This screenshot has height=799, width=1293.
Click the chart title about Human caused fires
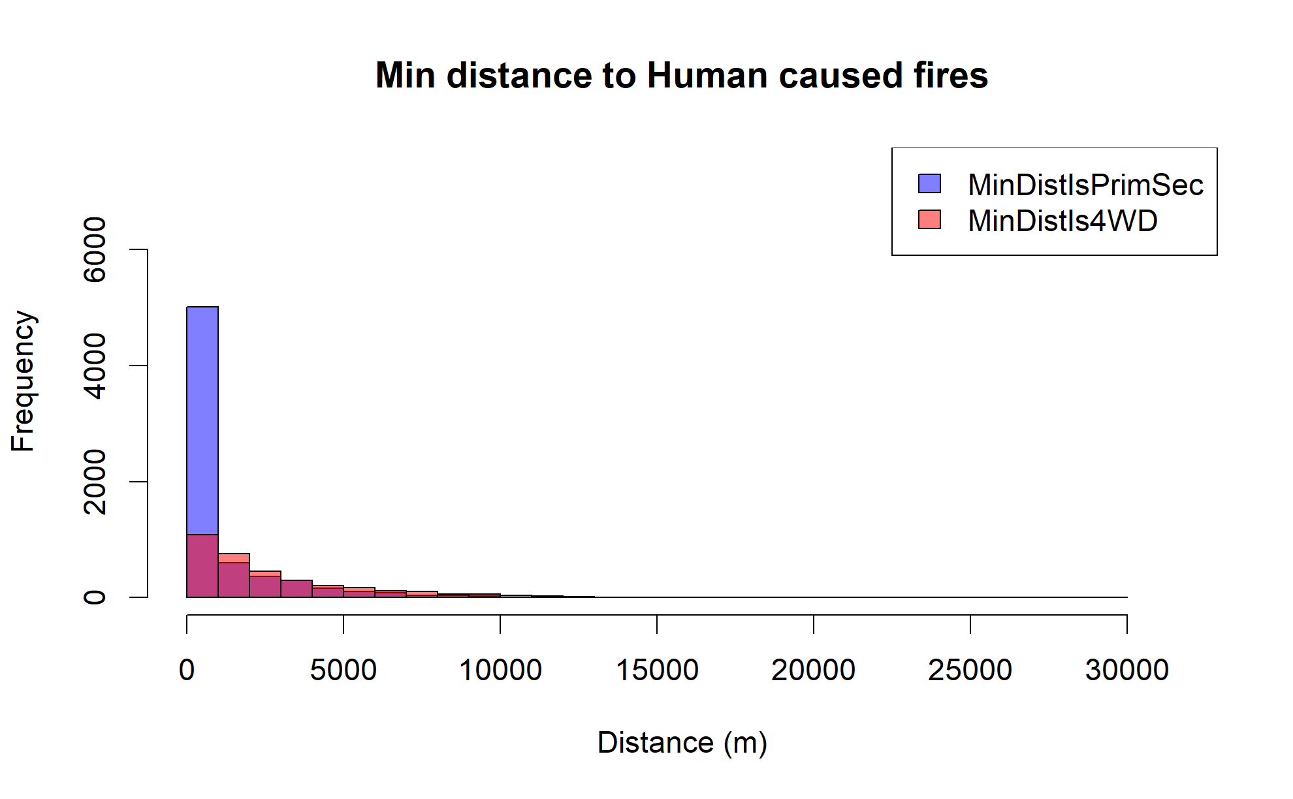(x=681, y=76)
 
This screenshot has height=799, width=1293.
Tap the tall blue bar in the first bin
(x=202, y=418)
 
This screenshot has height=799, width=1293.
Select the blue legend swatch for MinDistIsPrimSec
(x=929, y=184)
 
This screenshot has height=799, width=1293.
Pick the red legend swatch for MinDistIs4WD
(x=929, y=220)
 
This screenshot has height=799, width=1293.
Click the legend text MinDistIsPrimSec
(x=1085, y=185)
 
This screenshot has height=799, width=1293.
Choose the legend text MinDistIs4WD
(x=1062, y=221)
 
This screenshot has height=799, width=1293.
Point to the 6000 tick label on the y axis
(x=95, y=249)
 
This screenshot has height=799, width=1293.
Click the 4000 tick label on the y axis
(x=95, y=366)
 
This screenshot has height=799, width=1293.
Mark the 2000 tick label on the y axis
(x=95, y=482)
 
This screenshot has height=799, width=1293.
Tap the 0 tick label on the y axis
(x=95, y=597)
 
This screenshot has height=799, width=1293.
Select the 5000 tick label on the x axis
(x=343, y=670)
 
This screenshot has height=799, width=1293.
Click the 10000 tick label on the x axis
(x=500, y=670)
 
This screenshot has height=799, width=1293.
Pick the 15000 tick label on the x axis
(x=657, y=670)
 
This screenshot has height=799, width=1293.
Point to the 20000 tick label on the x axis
(x=814, y=670)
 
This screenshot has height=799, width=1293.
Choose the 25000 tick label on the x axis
(x=970, y=670)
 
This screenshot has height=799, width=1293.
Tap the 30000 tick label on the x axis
(x=1127, y=670)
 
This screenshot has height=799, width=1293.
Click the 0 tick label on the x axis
(x=187, y=670)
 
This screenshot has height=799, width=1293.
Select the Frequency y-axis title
(x=24, y=381)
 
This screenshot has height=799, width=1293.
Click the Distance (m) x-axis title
(x=682, y=743)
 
